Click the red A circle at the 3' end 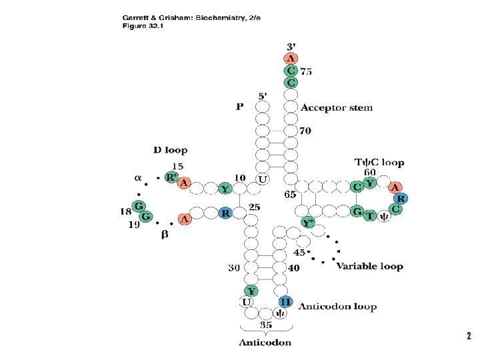point(291,59)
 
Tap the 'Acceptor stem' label point(337,107)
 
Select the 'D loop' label point(170,151)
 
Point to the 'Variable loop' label point(369,266)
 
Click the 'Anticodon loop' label point(337,307)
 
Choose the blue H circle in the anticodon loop point(285,302)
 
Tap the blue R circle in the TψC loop point(401,198)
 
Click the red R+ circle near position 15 point(171,178)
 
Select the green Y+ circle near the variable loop point(308,223)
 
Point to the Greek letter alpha point(138,178)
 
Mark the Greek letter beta point(164,235)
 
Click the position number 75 point(306,71)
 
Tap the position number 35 point(265,325)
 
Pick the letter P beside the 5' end point(239,106)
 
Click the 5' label point(263,95)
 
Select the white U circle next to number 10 point(263,179)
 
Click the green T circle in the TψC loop point(370,215)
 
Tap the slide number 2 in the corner point(469,336)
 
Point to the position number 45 point(299,253)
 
